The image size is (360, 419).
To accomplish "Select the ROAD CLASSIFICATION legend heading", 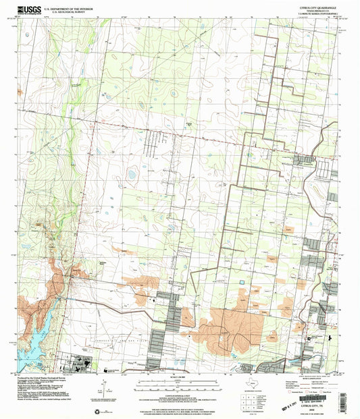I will [x=317, y=379].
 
